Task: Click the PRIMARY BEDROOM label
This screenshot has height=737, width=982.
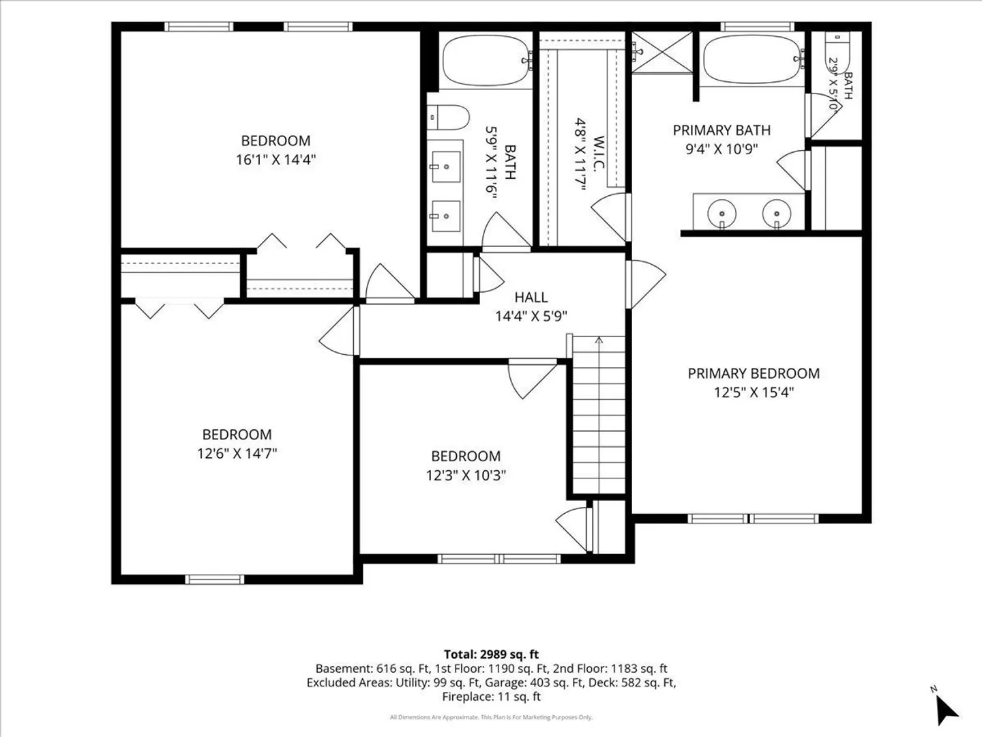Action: [x=754, y=373]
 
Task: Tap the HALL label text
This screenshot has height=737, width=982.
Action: [x=531, y=297]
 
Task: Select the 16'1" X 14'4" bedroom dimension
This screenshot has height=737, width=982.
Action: [x=276, y=160]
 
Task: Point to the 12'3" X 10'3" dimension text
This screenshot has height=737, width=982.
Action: [x=466, y=475]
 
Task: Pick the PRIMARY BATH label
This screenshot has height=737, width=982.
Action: [x=721, y=130]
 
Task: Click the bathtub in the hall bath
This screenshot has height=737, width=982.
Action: [x=486, y=60]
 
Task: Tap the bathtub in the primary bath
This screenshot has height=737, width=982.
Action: [x=754, y=59]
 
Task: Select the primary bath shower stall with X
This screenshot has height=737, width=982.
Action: [x=661, y=53]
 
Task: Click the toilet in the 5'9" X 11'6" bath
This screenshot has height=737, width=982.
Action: [x=448, y=117]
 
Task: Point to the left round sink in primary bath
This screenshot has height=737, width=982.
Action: [x=721, y=213]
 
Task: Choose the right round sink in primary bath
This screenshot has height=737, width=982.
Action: [x=777, y=213]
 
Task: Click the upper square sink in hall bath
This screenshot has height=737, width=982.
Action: [x=445, y=167]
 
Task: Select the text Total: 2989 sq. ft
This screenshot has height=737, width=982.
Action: [x=491, y=654]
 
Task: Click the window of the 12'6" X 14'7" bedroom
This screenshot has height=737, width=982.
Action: [x=215, y=579]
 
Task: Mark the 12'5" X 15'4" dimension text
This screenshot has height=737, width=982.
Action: [x=754, y=392]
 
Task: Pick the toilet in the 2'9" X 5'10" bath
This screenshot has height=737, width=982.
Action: [x=836, y=50]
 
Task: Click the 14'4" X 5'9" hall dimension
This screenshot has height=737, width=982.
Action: [x=531, y=317]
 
